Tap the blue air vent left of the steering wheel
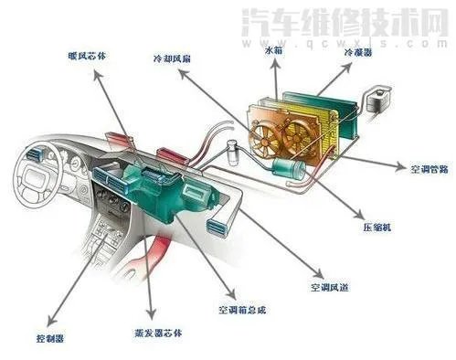tap(39, 153)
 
